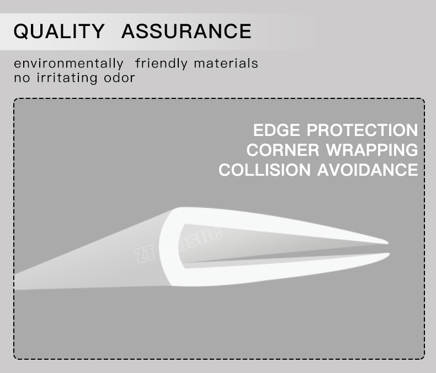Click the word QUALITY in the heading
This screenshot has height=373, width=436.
tap(59, 31)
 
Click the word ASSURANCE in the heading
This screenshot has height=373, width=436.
tap(186, 31)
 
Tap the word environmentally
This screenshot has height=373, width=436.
tap(68, 64)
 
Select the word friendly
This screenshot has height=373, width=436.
tap(161, 64)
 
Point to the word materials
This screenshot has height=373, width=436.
tap(226, 64)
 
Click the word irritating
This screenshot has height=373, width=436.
tap(66, 77)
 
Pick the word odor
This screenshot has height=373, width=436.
tap(119, 77)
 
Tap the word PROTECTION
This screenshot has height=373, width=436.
tap(362, 130)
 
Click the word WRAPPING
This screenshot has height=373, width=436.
tap(372, 150)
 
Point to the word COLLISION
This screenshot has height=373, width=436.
tap(265, 170)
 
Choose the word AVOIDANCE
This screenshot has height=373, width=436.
tap(368, 170)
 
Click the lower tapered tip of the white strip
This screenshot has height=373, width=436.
tap(386, 255)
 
